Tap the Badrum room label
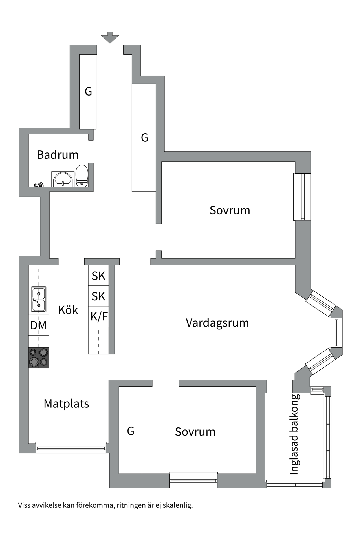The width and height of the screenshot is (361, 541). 58,155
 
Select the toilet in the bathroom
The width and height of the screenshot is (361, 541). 82,176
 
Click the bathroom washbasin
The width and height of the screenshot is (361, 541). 63,179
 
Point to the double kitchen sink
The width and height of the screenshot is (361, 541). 39,299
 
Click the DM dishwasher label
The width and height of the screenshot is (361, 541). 38,325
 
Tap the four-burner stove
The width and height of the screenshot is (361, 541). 39,358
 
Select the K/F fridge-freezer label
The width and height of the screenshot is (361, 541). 99,316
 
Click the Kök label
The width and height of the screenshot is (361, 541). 68,310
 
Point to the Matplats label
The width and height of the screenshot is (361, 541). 66,404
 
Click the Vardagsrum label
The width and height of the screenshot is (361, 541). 217,323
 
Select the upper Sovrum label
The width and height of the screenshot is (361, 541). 230,210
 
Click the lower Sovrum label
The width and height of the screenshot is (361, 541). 195,432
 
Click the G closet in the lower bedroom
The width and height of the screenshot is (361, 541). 130,431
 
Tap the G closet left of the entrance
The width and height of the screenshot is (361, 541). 88,92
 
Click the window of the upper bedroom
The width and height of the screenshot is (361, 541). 302,197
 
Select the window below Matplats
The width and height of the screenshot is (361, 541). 71,447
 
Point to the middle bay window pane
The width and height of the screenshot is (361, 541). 336,333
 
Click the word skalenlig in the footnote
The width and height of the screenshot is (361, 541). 178,505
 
